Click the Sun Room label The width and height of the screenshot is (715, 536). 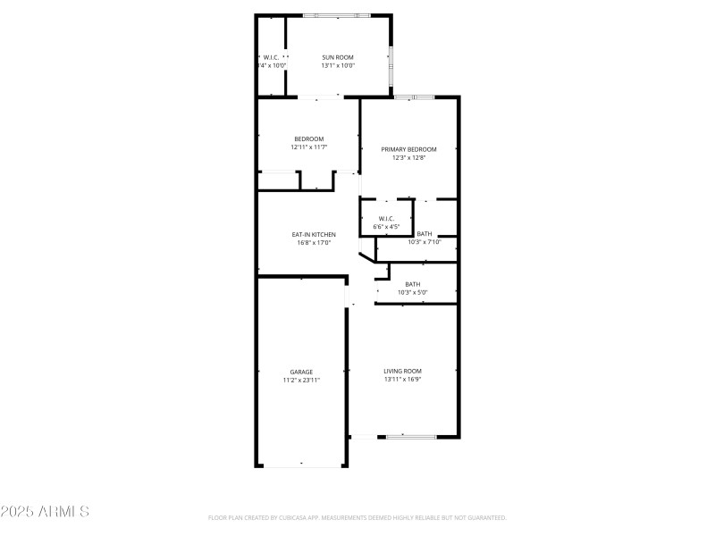338,57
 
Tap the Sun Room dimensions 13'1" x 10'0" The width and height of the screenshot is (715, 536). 338,65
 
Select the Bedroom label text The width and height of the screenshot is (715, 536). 308,138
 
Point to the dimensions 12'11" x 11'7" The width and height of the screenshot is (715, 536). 308,147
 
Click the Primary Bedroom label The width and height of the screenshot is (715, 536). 408,149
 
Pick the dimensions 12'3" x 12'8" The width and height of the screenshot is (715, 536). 408,157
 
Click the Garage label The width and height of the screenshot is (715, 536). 301,372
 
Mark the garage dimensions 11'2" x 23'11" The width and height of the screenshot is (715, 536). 301,380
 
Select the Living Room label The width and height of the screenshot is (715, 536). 402,371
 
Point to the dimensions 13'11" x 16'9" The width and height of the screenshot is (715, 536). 402,379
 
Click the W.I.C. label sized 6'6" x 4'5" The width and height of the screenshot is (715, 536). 386,219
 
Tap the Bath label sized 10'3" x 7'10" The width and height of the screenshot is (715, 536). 425,234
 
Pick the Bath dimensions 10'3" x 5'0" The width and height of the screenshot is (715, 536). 412,292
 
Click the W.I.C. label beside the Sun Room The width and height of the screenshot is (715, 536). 271,57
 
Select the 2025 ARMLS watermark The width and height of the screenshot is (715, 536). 45,512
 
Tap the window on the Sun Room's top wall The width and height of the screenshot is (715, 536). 337,15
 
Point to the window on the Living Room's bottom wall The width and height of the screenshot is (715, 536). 411,436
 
